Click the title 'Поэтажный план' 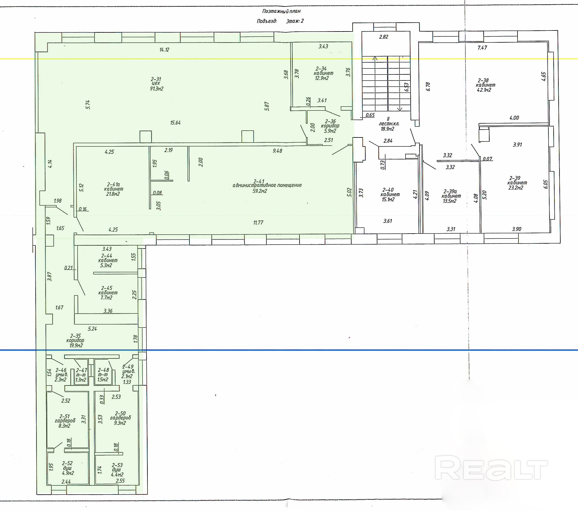coord(281,11)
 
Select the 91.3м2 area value coord(157,89)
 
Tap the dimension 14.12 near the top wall coord(164,50)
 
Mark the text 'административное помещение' coord(267,185)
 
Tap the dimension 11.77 coord(258,222)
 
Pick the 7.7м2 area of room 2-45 coord(107,297)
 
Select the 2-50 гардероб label coord(121,415)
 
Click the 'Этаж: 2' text coord(295,21)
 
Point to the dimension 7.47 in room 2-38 coord(482,48)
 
